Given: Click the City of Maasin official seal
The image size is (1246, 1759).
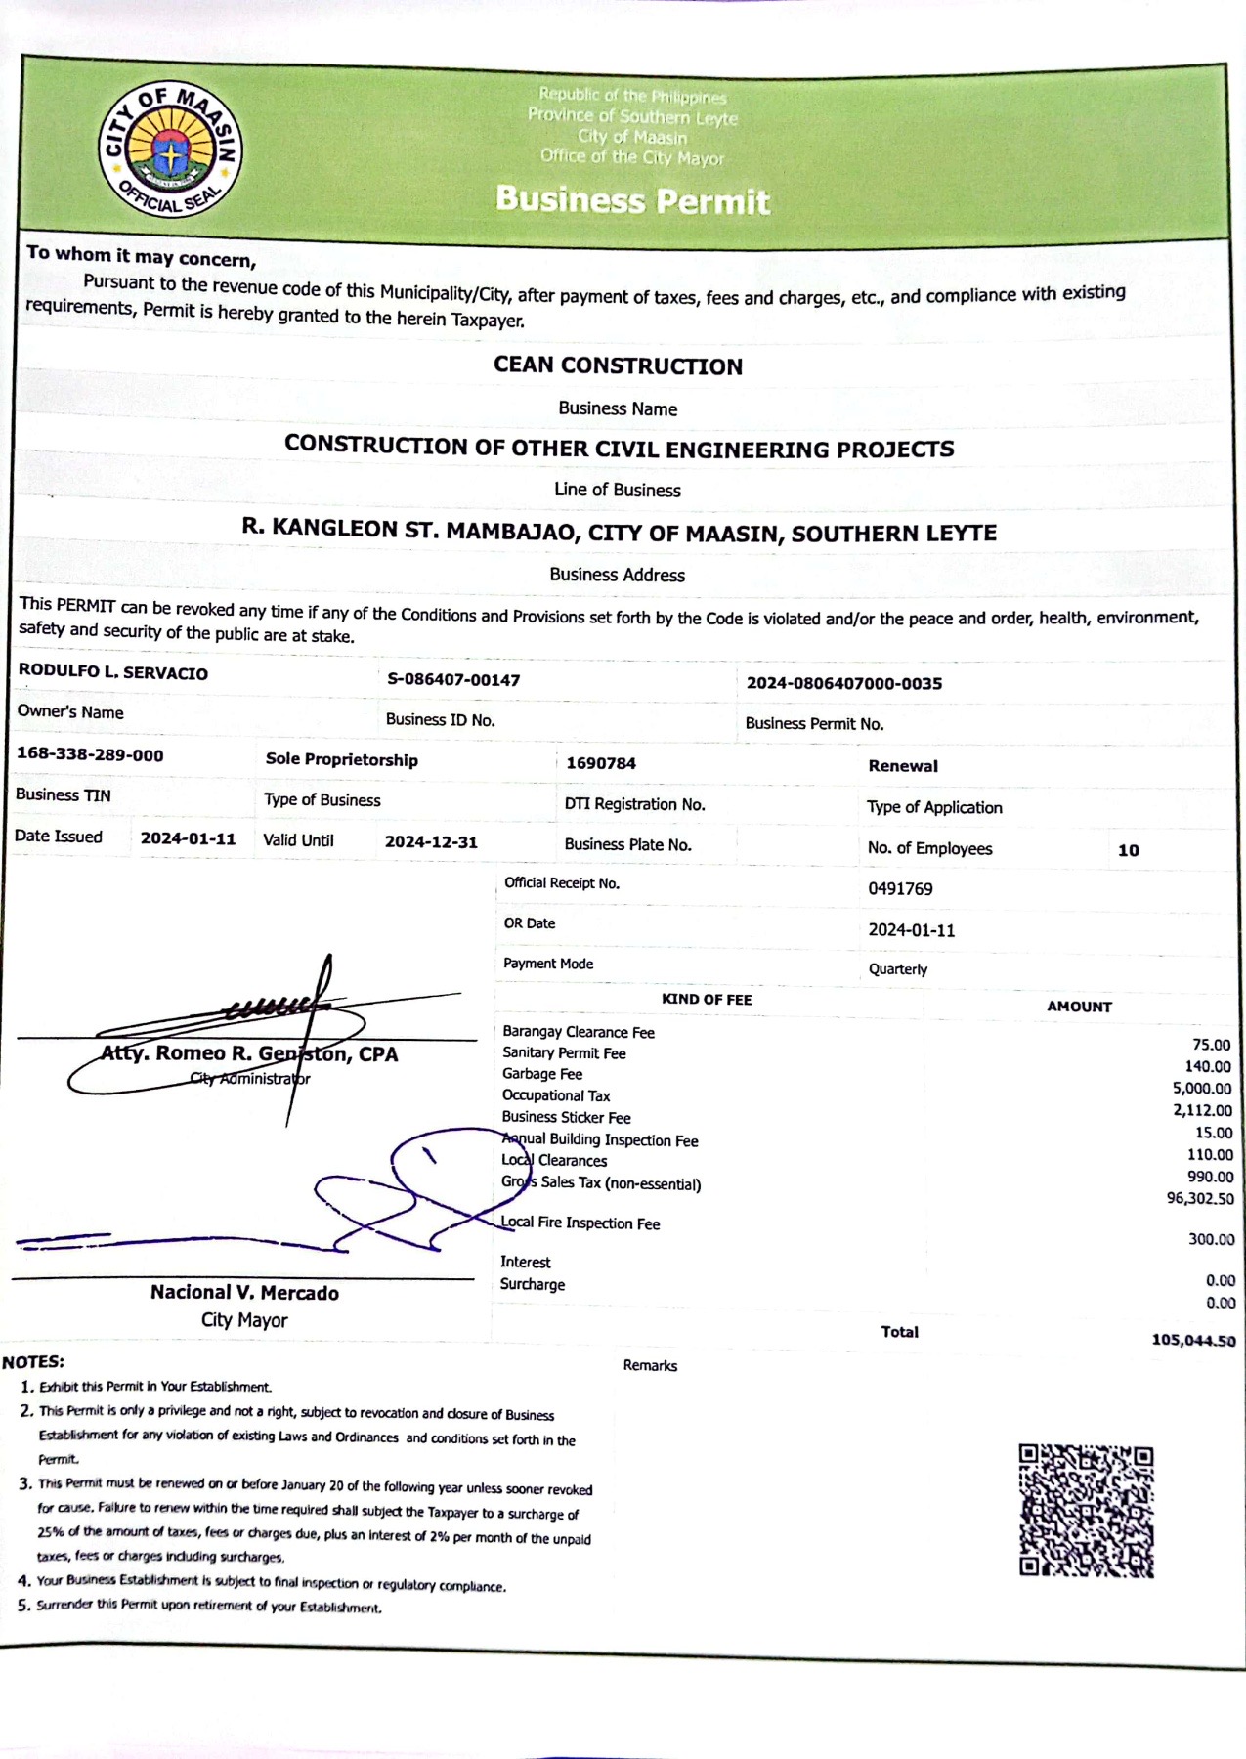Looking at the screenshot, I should (171, 150).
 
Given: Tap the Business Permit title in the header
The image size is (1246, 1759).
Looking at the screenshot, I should (632, 200).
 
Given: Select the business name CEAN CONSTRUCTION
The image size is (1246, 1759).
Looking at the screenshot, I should (618, 365).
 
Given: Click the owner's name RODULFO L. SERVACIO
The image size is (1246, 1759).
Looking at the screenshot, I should (113, 672).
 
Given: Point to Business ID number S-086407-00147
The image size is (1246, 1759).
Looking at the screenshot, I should (453, 679).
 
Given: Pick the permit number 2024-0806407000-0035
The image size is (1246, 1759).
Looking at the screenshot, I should (844, 683).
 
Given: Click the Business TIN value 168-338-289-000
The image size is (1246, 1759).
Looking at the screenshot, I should (90, 754).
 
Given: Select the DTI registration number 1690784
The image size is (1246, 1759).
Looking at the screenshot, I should (601, 763).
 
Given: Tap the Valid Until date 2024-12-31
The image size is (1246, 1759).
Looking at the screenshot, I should (431, 841).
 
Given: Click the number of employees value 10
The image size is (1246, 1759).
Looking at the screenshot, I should (1129, 850).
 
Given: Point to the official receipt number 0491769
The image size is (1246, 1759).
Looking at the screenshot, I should (900, 888).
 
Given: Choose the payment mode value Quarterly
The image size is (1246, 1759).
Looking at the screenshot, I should (898, 969).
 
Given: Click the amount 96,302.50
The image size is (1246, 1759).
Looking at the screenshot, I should (1200, 1198).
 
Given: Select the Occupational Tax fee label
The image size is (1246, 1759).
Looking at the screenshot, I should (556, 1095).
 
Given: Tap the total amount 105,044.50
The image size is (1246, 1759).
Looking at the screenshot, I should (1193, 1340).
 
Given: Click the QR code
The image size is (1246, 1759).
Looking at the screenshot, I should (1086, 1510).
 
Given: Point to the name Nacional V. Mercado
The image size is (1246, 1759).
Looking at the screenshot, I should (244, 1292).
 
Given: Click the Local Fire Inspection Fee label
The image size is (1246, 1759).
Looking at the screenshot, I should (580, 1223).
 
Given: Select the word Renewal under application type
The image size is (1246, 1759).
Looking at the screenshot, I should (903, 766).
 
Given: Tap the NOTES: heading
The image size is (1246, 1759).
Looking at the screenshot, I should (33, 1361).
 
